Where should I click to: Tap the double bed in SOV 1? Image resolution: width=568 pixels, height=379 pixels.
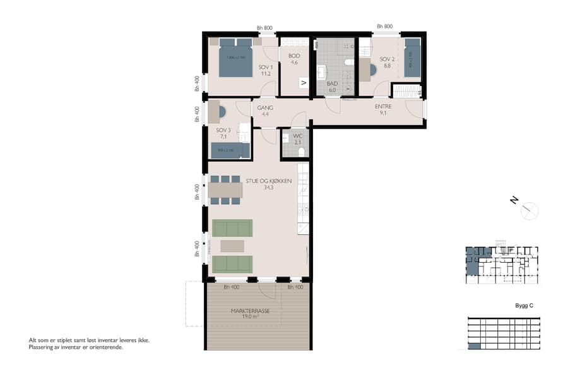(x=235, y=58)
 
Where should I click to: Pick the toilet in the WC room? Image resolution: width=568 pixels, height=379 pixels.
(x=301, y=152)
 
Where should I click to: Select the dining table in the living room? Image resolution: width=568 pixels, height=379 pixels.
(x=225, y=190)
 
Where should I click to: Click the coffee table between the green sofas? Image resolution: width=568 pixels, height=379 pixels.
(x=232, y=246)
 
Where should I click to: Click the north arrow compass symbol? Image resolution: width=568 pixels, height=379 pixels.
(x=529, y=210)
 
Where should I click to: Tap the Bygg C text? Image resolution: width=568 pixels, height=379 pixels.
(x=524, y=306)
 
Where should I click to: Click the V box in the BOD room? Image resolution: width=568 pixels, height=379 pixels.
(x=304, y=83)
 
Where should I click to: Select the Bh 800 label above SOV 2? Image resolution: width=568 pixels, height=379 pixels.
(x=384, y=27)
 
